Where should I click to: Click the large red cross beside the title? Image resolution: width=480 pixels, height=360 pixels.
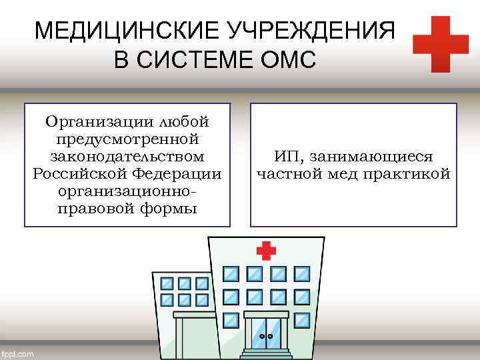point(440,44)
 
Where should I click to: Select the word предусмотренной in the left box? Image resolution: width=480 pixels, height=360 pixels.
point(127,139)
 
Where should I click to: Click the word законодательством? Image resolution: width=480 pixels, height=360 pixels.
point(127,157)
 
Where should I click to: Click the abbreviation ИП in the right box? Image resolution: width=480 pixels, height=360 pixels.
point(285,157)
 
